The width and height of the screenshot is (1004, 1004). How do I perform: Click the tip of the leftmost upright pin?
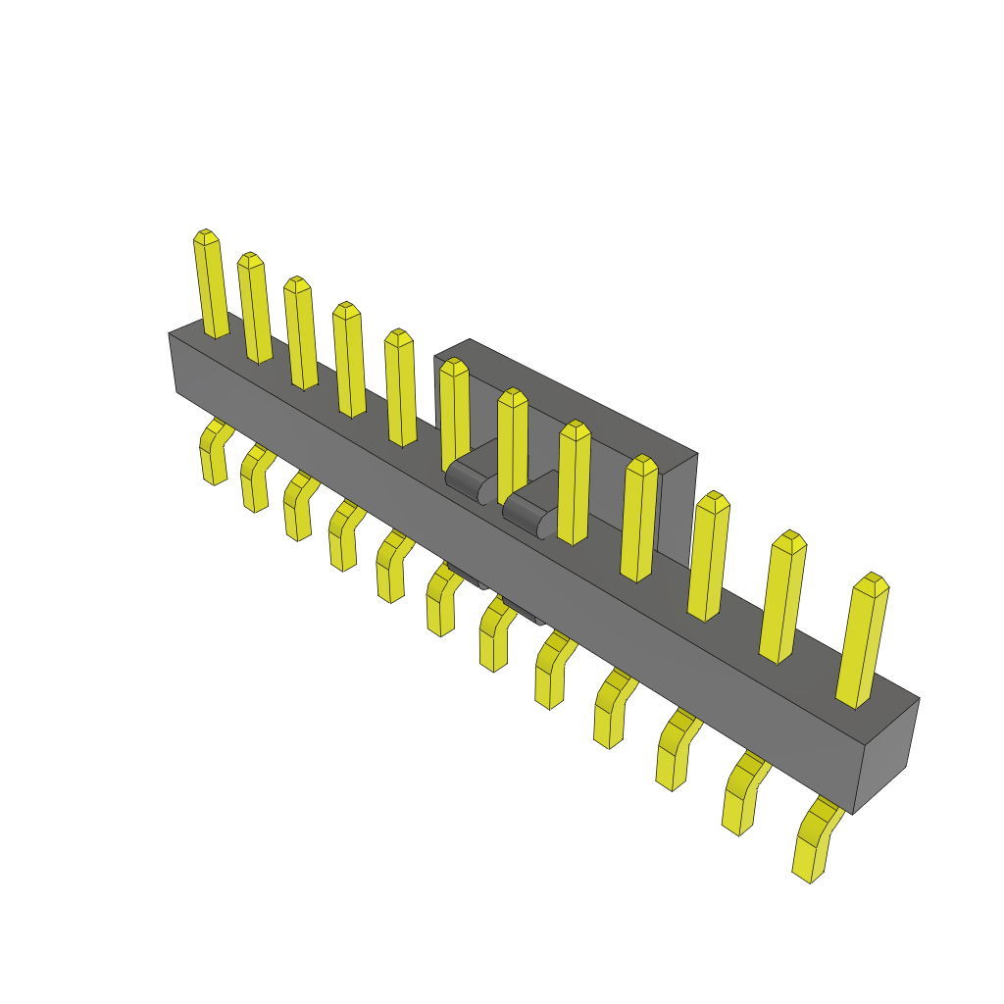[x=205, y=235]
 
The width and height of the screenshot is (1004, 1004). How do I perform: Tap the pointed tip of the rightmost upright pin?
[x=871, y=578]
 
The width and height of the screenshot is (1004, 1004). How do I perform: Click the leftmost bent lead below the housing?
[x=212, y=455]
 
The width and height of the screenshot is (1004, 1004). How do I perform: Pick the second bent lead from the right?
[x=743, y=796]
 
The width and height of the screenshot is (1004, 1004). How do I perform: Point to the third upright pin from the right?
[x=709, y=555]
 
